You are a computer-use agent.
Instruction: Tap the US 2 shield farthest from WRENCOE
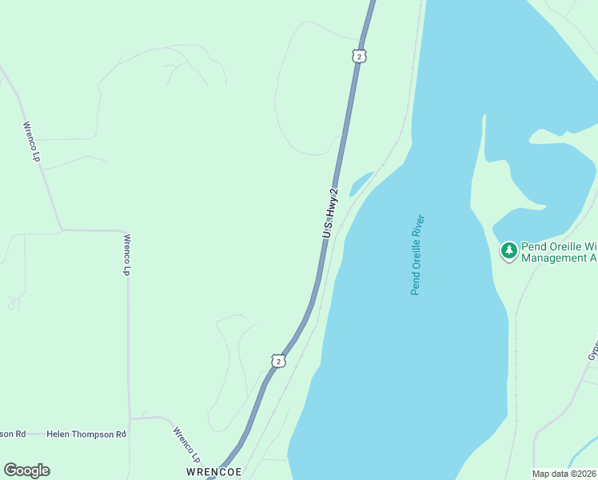tap(360, 55)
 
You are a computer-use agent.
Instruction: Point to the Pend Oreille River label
tap(417, 254)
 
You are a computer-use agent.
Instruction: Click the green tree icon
tap(508, 251)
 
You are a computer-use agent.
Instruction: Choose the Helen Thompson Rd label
tap(86, 434)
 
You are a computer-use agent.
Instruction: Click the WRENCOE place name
tap(214, 472)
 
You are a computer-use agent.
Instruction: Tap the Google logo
tap(26, 470)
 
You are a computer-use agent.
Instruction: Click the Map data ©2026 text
tap(564, 474)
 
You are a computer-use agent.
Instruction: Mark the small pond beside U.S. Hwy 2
tap(360, 183)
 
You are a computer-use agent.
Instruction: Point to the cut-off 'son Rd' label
tap(13, 434)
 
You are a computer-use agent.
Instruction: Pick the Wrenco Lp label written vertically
tap(126, 254)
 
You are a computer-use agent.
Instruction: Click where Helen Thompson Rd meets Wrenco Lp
tap(130, 418)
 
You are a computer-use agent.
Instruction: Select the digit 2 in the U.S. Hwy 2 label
tap(334, 192)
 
